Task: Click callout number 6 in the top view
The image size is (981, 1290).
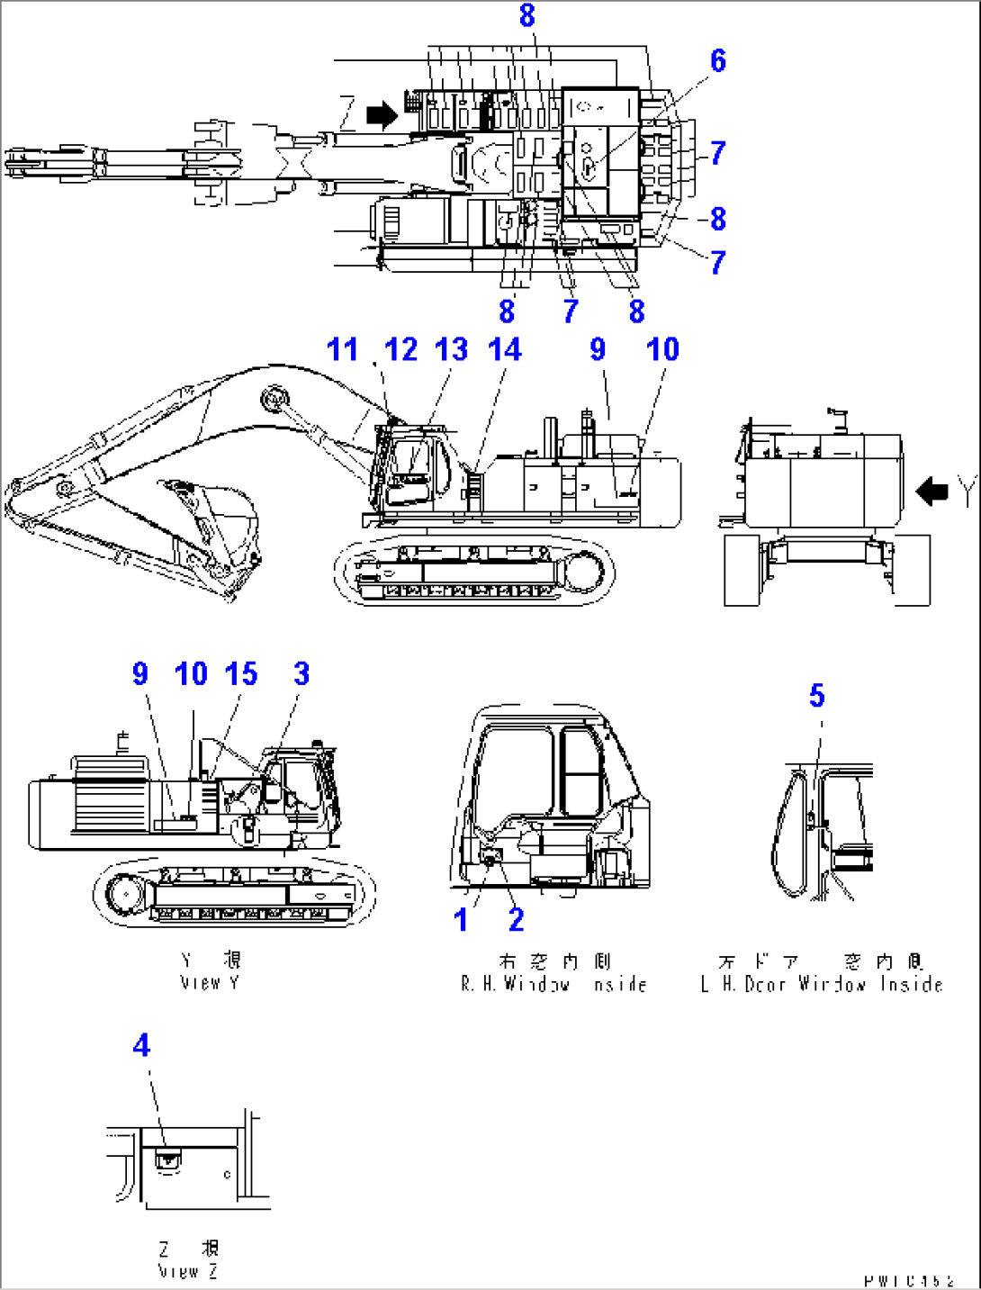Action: point(717,60)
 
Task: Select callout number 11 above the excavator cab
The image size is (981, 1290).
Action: point(342,349)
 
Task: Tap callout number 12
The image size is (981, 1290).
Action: point(400,349)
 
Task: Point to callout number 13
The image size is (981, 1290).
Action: point(452,349)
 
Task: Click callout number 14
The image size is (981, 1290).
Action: point(505,349)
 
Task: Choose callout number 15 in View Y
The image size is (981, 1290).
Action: point(241,673)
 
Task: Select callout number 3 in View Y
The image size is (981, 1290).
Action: point(301,673)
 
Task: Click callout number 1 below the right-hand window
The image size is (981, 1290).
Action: point(461,920)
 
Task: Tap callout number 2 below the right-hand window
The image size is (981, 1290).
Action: point(516,920)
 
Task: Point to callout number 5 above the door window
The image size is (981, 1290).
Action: point(816,695)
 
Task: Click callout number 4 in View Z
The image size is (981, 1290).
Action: point(141,1045)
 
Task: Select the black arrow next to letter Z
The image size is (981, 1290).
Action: point(382,114)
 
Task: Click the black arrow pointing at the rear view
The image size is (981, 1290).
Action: point(932,492)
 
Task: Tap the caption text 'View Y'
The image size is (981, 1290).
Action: point(210,983)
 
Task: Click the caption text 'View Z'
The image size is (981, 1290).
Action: point(188,1271)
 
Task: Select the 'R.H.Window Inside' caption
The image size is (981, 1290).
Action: point(553,984)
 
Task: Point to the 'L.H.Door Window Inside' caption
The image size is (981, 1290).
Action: point(821,984)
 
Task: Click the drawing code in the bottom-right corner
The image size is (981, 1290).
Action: point(908,1280)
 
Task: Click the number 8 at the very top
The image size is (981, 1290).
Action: point(526,15)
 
